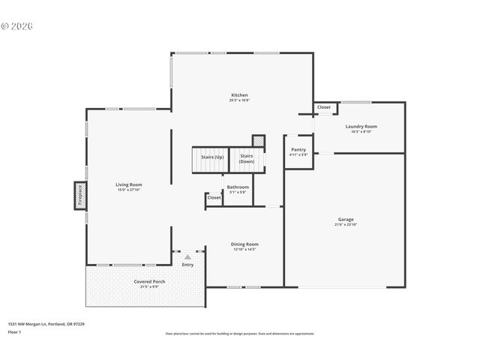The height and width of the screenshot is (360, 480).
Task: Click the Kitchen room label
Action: (x=239, y=95)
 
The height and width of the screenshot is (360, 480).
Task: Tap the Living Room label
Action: (x=128, y=184)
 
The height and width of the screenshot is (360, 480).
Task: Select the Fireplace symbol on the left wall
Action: (x=79, y=195)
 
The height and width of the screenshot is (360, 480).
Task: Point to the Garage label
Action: (x=345, y=220)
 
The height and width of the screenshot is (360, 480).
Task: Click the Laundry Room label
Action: (x=361, y=127)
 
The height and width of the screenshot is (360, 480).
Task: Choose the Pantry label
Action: (x=298, y=150)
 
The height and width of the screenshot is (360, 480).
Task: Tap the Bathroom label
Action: (x=238, y=187)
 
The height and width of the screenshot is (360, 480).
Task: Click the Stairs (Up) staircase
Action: (x=208, y=158)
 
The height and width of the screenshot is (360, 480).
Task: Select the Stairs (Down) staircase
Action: (x=247, y=158)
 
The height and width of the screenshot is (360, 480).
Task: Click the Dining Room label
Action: (x=244, y=244)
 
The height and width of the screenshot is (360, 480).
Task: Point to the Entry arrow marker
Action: (x=187, y=256)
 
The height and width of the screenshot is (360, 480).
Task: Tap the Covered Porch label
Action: (x=149, y=282)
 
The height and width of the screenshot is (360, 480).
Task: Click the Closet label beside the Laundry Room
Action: (x=324, y=107)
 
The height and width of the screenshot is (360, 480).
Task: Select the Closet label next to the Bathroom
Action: (x=214, y=198)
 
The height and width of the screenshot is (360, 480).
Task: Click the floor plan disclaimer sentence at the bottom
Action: (x=239, y=334)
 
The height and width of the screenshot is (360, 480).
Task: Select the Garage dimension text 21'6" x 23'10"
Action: (x=345, y=225)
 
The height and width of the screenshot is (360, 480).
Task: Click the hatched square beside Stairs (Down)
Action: (x=258, y=140)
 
